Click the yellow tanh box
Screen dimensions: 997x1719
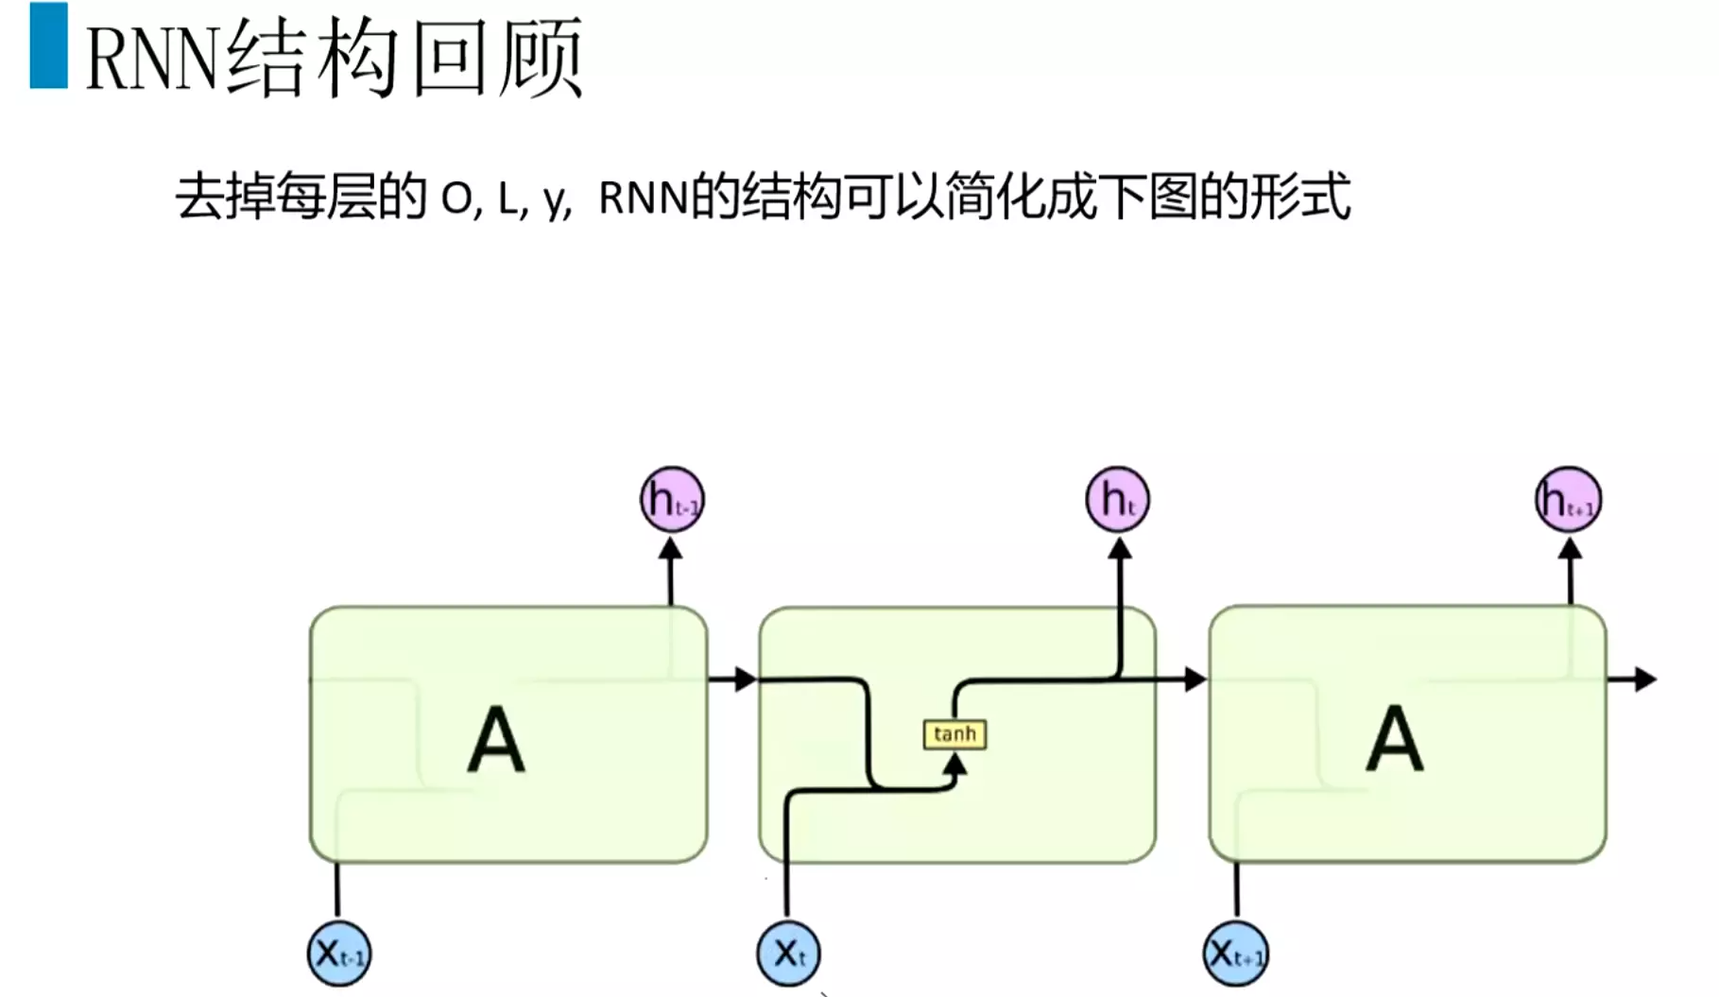(954, 734)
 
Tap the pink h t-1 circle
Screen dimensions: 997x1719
(672, 499)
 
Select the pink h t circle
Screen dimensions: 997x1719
(1117, 499)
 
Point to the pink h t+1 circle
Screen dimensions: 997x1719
(1568, 499)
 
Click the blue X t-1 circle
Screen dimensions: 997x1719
(339, 954)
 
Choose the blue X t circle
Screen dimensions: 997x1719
(788, 954)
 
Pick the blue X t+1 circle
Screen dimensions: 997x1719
(1236, 954)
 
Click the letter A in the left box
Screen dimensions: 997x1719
(496, 740)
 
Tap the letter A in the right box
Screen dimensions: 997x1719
(1395, 740)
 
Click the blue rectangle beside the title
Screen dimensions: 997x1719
(48, 45)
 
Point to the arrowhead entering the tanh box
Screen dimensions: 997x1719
(955, 764)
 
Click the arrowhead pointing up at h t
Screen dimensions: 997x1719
(1120, 549)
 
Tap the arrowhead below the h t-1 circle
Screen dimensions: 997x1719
(671, 549)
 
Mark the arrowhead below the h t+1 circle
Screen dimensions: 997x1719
(1570, 549)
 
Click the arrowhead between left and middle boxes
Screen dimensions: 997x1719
(745, 679)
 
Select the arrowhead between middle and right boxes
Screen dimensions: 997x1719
(1195, 679)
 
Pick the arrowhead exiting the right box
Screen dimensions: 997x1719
(1644, 679)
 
